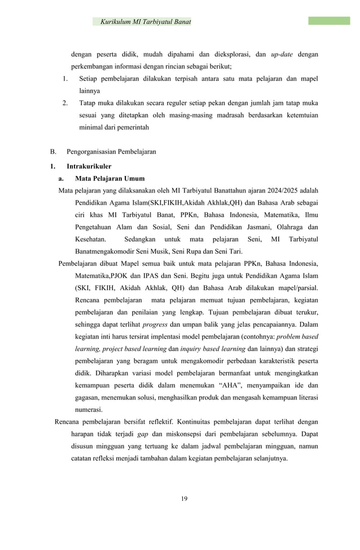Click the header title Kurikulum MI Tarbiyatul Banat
coord(145,22)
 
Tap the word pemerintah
coord(132,128)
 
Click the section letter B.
coord(52,152)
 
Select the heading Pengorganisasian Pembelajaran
coord(111,152)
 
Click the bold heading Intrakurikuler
coord(89,166)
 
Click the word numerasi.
coord(89,410)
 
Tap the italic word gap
coord(143,434)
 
